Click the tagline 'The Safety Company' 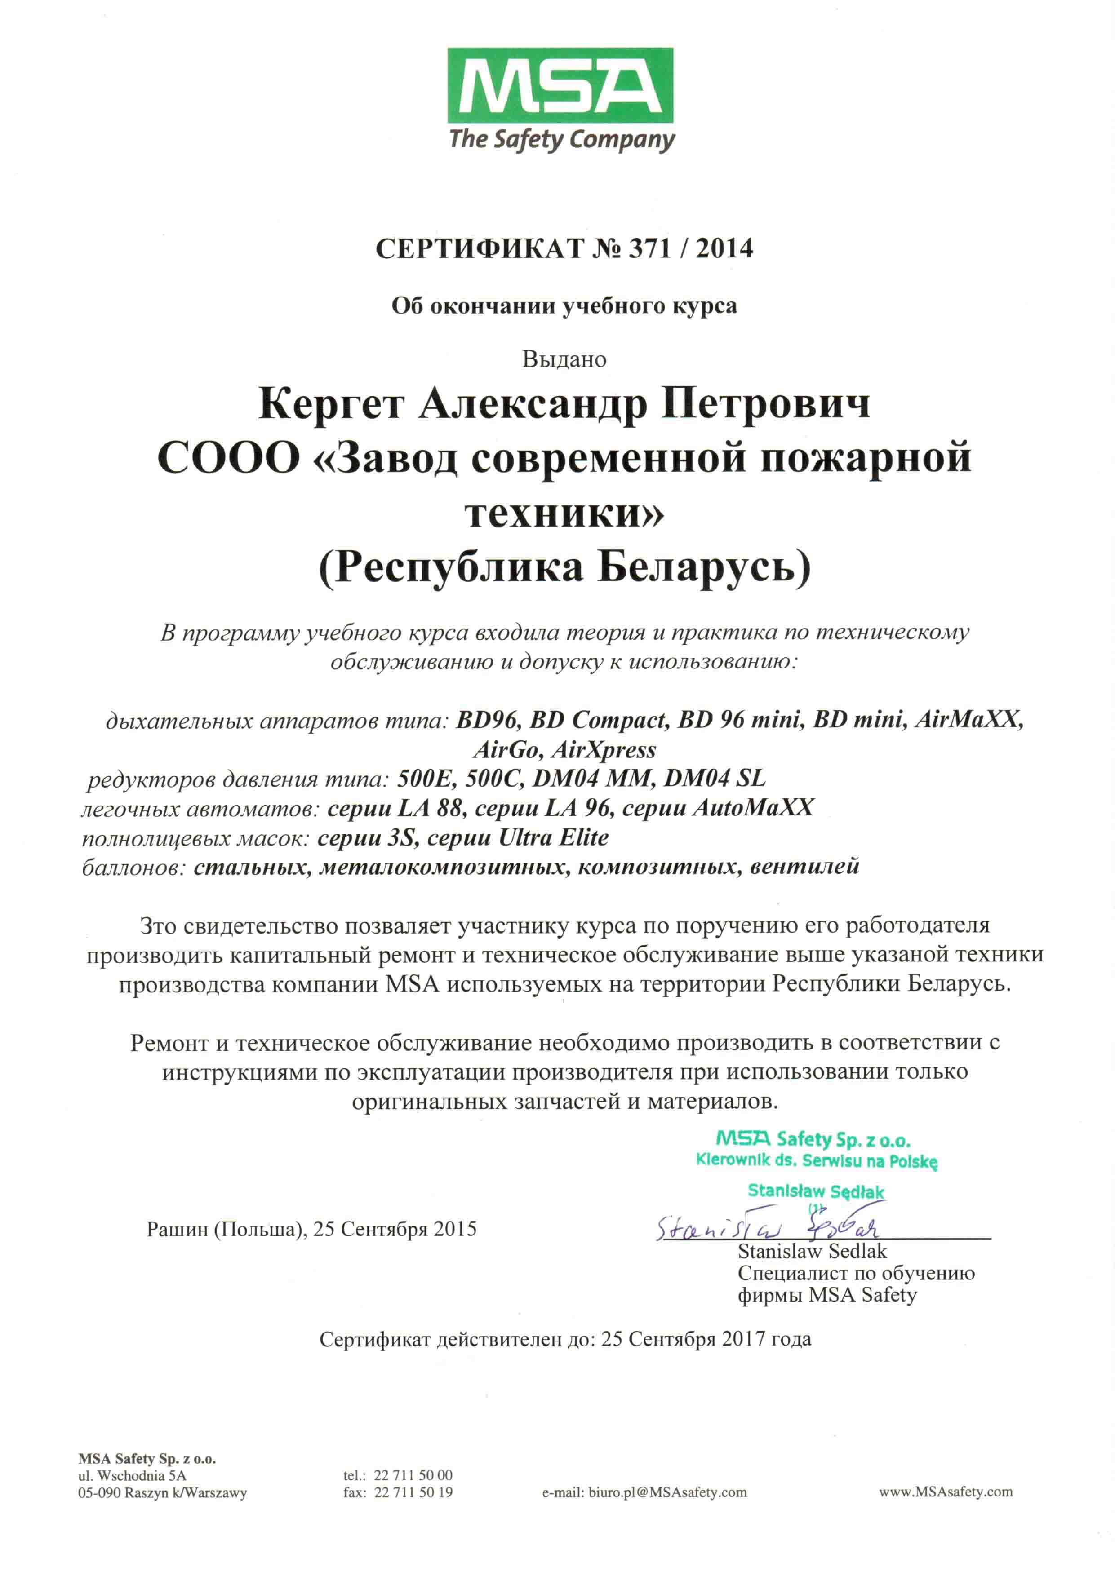562,140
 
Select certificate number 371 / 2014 691,248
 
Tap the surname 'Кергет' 330,405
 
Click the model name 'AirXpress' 604,749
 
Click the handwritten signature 767,1226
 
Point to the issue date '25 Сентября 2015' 395,1229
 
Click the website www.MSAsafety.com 946,1492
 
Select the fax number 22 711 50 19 413,1492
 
